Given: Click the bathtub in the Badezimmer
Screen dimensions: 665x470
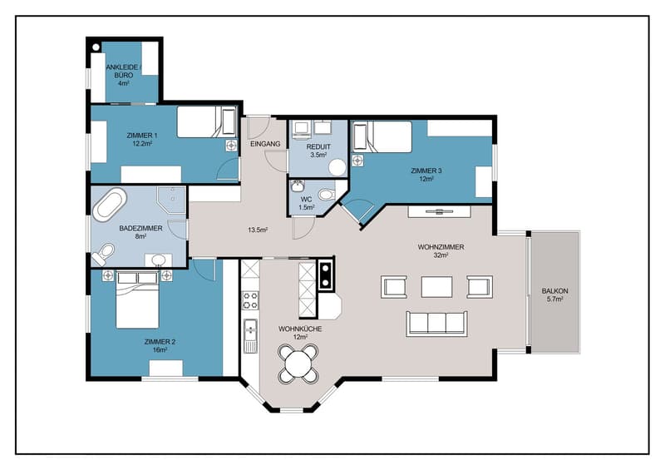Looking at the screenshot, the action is (x=110, y=205).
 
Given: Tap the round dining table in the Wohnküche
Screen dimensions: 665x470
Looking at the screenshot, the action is (x=298, y=364).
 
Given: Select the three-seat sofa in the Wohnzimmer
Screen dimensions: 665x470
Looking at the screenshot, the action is (x=436, y=324).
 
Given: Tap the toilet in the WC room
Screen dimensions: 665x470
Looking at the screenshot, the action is (x=326, y=195).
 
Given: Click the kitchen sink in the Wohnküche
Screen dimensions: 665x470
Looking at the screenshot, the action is (x=250, y=336).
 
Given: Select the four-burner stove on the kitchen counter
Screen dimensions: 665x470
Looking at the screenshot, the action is (x=250, y=299).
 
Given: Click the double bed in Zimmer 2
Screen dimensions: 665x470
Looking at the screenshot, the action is (x=137, y=300).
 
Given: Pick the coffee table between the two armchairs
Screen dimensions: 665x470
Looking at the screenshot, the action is (x=436, y=287).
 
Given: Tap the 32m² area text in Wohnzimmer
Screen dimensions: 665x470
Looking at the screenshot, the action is (x=441, y=255).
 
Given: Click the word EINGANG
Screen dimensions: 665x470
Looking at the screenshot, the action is (x=265, y=144).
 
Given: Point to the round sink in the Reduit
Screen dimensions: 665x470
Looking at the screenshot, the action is (x=337, y=167).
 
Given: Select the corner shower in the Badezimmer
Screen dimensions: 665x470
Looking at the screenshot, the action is (x=171, y=200).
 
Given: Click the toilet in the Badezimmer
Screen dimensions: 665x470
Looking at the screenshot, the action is (x=103, y=254).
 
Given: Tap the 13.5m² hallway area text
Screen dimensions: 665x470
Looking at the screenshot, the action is (x=258, y=230).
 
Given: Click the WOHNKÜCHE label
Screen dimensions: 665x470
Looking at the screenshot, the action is (x=300, y=329).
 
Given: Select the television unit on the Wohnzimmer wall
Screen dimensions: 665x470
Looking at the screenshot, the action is (x=439, y=211).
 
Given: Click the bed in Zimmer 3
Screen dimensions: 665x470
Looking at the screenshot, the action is (x=383, y=136).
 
